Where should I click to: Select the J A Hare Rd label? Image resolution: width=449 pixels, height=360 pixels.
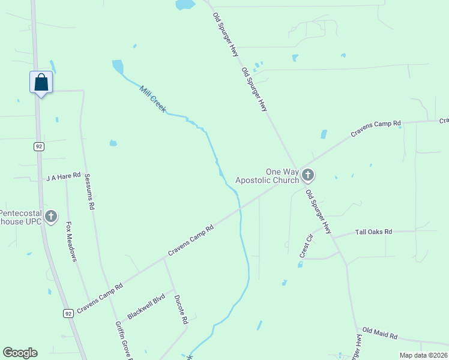(63, 177)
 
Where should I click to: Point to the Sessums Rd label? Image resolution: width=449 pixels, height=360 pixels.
(90, 192)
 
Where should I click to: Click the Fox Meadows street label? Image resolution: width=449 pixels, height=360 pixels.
(71, 242)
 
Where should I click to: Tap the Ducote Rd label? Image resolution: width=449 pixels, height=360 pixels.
(181, 310)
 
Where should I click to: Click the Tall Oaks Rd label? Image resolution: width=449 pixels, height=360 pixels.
(373, 232)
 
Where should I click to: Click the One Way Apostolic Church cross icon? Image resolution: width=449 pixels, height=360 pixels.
(308, 175)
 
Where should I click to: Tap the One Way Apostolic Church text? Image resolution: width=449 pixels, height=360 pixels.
(267, 176)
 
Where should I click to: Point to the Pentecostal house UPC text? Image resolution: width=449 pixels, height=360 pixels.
(20, 217)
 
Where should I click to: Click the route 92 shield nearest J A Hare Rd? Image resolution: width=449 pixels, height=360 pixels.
(38, 146)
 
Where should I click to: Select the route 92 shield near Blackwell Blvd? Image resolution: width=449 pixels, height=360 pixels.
(68, 313)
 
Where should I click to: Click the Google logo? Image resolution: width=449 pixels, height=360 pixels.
(20, 353)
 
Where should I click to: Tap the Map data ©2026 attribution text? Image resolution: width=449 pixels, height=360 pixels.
(423, 355)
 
